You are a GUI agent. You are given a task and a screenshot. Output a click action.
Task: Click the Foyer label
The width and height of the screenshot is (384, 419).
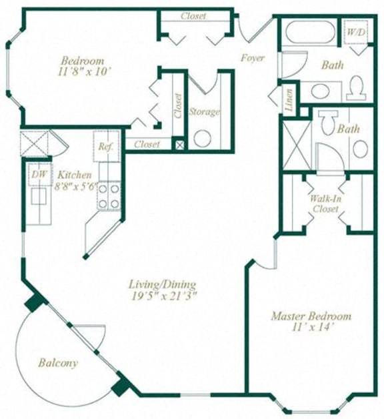click(253, 58)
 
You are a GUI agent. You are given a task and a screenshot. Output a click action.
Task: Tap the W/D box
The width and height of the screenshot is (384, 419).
click(355, 31)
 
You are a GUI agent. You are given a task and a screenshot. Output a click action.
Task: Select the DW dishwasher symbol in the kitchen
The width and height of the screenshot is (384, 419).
click(39, 174)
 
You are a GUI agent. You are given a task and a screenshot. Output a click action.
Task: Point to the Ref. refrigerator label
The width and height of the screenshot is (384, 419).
click(105, 147)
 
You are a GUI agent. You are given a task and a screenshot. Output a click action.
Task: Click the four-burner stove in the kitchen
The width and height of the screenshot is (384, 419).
click(109, 194)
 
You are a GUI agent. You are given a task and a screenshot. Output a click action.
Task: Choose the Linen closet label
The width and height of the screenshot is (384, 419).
click(289, 99)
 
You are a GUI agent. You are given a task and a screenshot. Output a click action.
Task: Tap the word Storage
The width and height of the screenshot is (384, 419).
click(204, 111)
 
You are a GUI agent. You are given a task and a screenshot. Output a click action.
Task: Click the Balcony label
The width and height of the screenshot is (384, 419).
click(57, 363)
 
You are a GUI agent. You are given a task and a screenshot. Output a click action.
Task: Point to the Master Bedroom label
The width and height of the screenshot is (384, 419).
click(311, 316)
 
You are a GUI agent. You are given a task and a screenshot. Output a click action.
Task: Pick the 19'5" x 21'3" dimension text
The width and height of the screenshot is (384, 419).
click(163, 296)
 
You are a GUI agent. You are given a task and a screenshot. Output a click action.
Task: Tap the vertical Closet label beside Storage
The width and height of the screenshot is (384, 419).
click(178, 105)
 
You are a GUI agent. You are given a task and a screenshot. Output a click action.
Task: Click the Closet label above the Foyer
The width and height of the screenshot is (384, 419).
click(193, 16)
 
